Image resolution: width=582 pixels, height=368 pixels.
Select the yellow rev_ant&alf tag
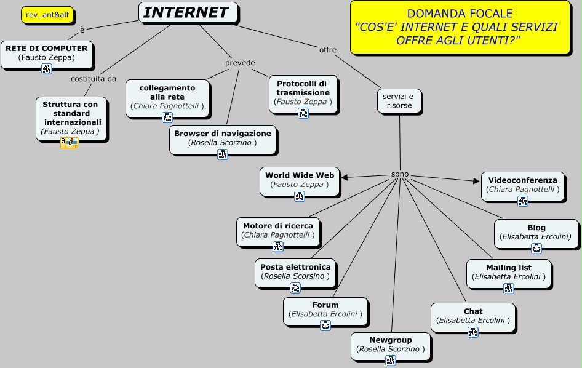point(47,15)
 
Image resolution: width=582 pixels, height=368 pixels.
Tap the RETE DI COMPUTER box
point(47,53)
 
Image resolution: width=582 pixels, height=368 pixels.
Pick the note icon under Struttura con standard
point(69,143)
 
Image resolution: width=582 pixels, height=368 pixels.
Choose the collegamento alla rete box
point(167,97)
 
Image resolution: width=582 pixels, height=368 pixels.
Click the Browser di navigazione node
point(223,138)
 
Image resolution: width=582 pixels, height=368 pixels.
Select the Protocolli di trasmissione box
point(303,92)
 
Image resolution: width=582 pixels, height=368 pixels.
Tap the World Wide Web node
point(300,180)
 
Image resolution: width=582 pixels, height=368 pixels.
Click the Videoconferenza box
point(522,185)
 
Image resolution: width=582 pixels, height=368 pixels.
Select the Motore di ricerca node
point(278,230)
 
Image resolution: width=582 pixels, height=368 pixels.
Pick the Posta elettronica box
point(295,271)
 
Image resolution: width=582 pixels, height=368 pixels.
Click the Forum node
point(325,310)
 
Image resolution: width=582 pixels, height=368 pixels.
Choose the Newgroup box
point(391,345)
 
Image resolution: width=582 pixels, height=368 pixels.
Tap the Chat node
point(473,316)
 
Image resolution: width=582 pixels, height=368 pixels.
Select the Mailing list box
point(509,272)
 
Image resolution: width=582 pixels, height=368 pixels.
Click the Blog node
point(536,232)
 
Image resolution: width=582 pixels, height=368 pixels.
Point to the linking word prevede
point(239,63)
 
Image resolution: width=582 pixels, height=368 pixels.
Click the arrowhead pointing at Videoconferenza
point(476,181)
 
